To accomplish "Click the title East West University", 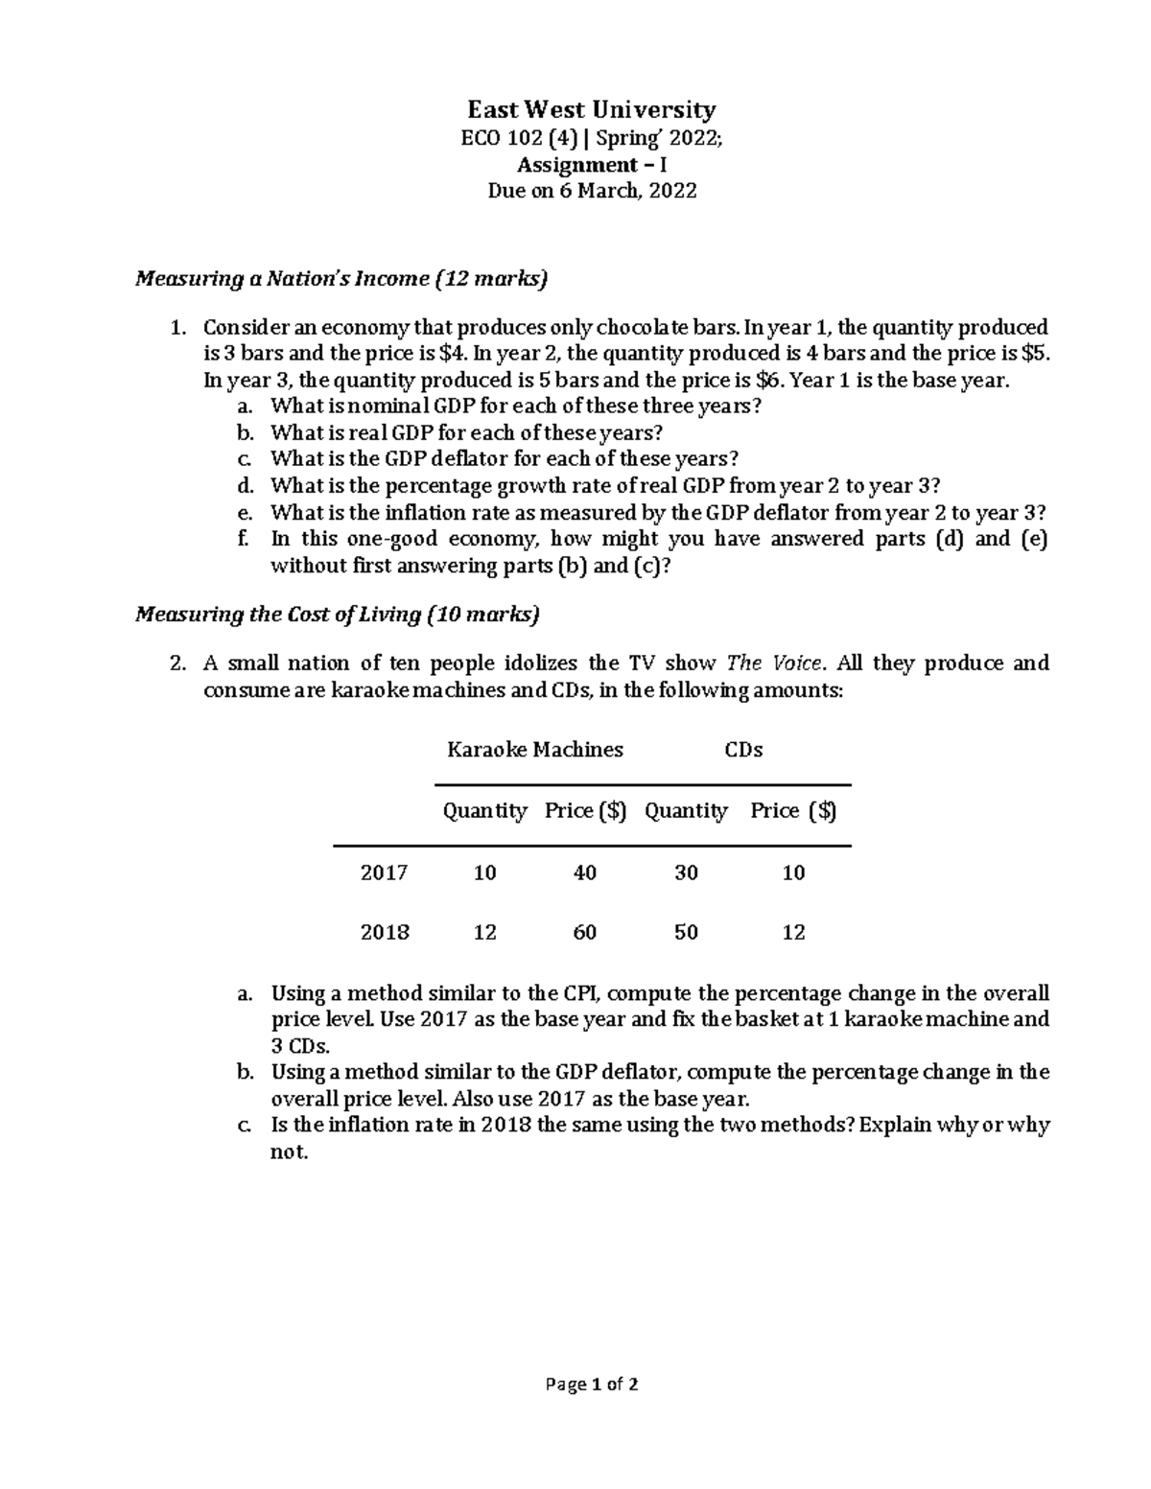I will (591, 109).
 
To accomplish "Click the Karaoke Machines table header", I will (534, 750).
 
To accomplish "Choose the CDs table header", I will (742, 750).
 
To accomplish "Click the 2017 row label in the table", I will (384, 873).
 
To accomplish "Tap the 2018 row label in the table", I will (384, 933).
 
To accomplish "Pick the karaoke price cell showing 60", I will (584, 933).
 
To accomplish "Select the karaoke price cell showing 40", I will (584, 873).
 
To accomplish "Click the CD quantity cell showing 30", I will (685, 873).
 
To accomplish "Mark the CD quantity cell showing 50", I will (685, 933).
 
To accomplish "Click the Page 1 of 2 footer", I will (591, 1384).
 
